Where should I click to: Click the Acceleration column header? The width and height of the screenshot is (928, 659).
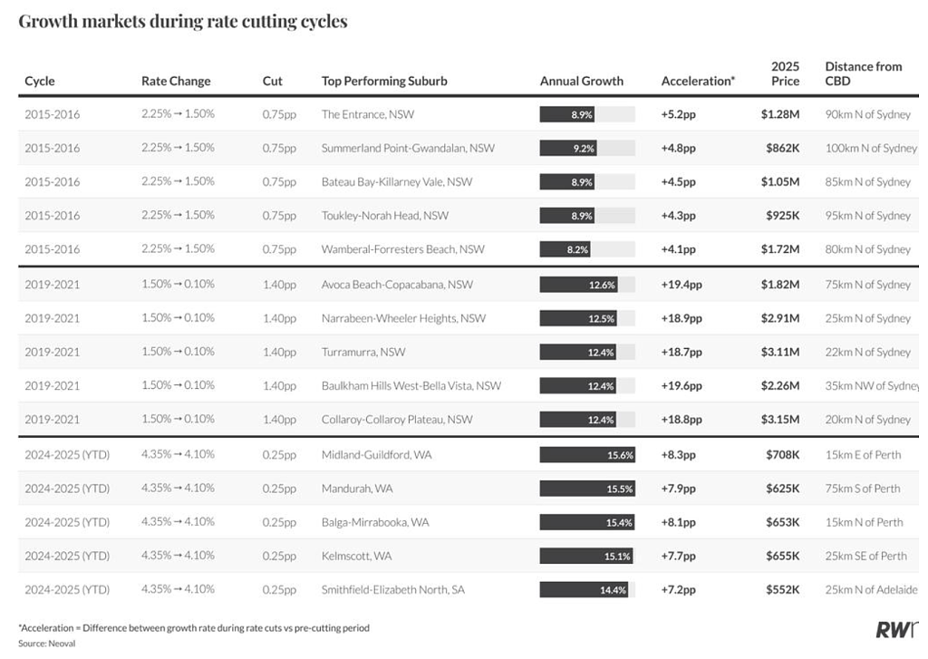(x=698, y=81)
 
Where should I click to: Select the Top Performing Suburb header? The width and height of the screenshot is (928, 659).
(x=384, y=81)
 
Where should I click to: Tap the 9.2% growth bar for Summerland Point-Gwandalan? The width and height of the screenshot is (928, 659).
(x=568, y=148)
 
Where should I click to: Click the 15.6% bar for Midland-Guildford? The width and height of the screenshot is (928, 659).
(x=587, y=455)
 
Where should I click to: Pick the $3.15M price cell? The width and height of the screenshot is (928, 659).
(x=780, y=419)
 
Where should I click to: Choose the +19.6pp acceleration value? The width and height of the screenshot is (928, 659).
(x=681, y=386)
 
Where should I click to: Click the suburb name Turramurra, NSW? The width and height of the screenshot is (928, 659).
(x=363, y=353)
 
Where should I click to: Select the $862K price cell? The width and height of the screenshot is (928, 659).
(x=782, y=148)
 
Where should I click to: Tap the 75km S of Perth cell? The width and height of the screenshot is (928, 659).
(x=863, y=489)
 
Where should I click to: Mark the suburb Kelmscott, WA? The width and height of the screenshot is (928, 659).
(x=356, y=556)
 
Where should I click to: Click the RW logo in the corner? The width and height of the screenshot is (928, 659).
(x=897, y=629)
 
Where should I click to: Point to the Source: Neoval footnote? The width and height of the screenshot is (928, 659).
(x=47, y=644)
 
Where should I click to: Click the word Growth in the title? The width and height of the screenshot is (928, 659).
(x=48, y=22)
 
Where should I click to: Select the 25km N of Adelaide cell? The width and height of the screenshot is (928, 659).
(x=871, y=590)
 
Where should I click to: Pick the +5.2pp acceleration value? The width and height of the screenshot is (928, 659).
(x=678, y=115)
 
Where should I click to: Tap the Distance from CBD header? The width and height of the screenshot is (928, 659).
(x=864, y=73)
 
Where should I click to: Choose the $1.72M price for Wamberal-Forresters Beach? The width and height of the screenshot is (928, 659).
(x=780, y=249)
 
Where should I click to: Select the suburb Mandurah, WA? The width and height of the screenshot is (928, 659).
(x=357, y=489)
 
